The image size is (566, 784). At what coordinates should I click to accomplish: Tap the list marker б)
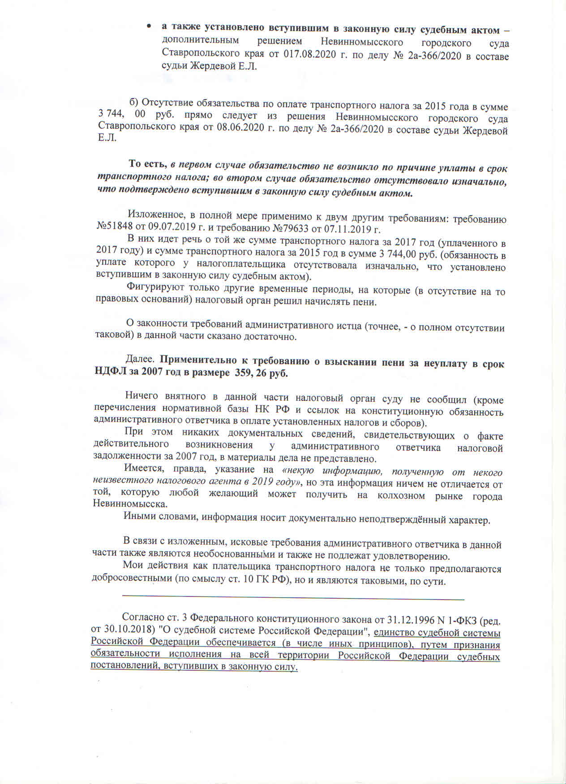134,103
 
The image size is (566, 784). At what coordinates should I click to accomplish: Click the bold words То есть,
148,164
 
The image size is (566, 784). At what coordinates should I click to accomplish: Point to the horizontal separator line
293,598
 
